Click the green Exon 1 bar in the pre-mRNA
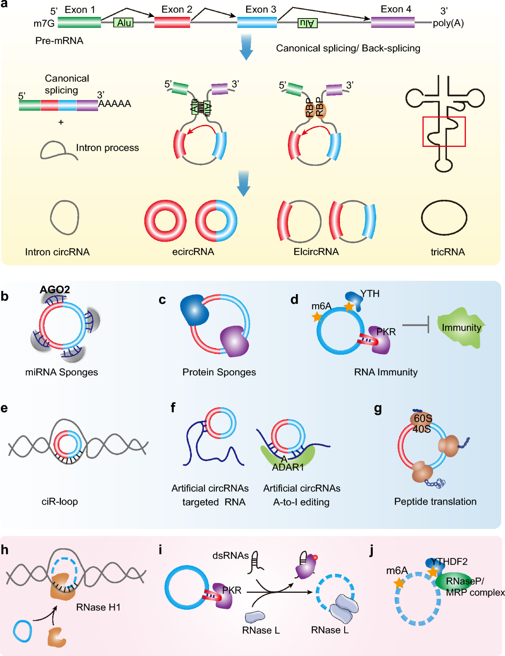coord(79,22)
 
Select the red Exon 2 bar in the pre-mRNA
coord(172,22)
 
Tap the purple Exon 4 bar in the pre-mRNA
coord(393,22)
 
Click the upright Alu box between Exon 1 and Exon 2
coord(124,23)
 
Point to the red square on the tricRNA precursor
coord(444,132)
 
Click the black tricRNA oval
coord(444,218)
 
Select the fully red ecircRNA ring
coord(165,220)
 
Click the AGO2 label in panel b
coord(55,289)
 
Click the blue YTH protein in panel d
coord(354,300)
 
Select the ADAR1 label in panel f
coord(288,467)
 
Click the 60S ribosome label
coord(423,418)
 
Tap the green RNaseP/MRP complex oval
coord(454,582)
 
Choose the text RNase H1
coord(98,607)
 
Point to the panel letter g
coord(377,409)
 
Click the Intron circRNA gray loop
coord(64,218)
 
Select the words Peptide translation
coord(435,501)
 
